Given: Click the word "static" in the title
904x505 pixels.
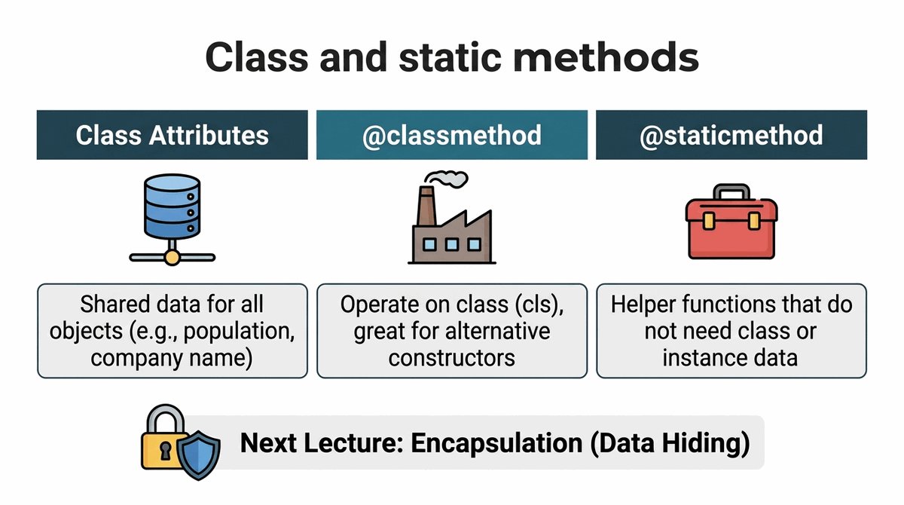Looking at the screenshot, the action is point(450,58).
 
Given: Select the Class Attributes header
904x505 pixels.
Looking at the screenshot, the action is point(172,135).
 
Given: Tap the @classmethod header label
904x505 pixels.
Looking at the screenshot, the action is point(451,135).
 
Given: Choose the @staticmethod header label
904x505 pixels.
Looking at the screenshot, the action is point(731,135).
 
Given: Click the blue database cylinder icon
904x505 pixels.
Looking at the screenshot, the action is point(172,207).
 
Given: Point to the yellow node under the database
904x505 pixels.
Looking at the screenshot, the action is point(173,257).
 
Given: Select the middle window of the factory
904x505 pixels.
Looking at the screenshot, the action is point(451,244).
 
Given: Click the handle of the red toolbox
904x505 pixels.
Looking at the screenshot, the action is point(731,191).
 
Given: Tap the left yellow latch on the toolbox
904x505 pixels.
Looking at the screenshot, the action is point(708,221).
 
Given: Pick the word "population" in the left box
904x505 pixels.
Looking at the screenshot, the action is point(239,332).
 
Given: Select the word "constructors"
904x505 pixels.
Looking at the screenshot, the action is point(451,358).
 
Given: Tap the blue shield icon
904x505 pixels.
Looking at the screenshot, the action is point(199,455).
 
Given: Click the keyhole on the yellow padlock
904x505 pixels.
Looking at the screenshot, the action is point(165,451).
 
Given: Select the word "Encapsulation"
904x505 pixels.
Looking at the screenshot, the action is point(496,443).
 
